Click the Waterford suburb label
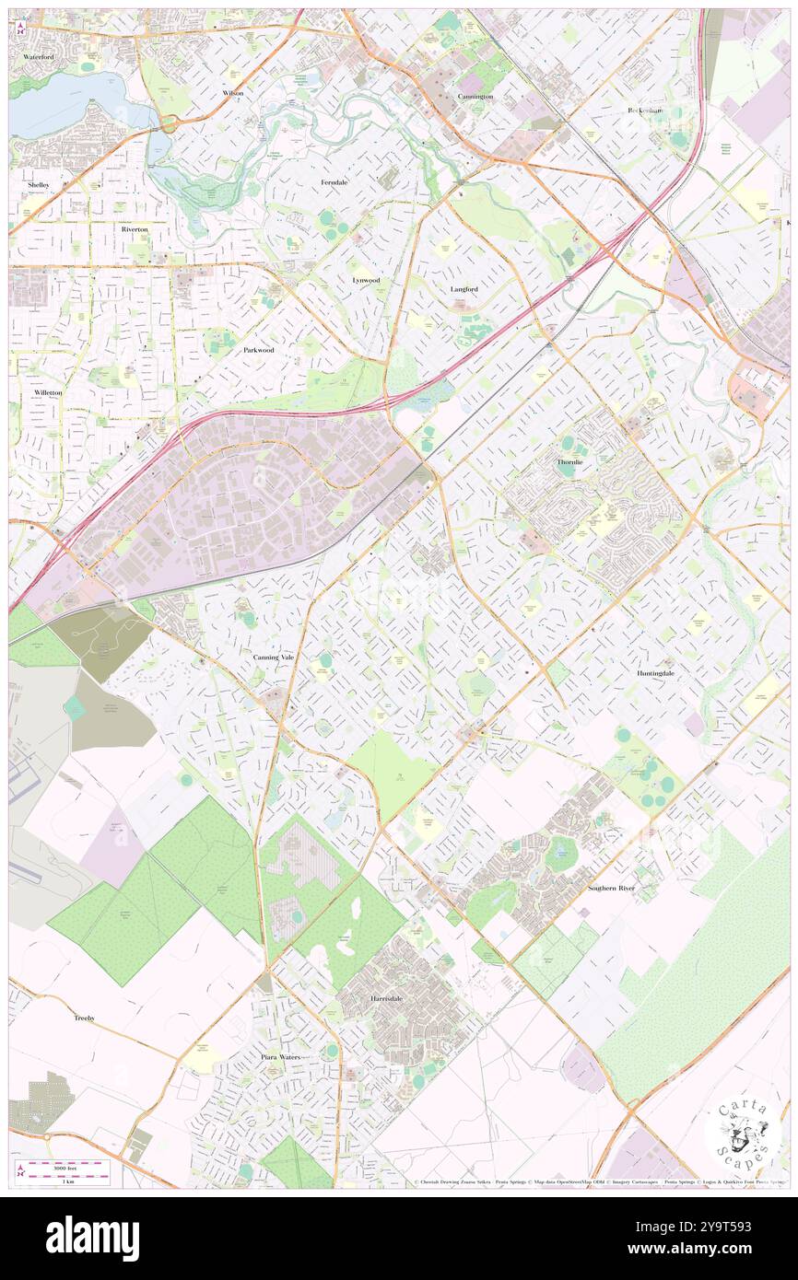(40, 56)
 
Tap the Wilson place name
(233, 94)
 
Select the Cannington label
(475, 96)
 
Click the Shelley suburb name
(39, 184)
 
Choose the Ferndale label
(334, 182)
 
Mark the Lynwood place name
(366, 279)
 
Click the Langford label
(464, 288)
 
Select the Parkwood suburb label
(259, 350)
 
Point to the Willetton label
(48, 392)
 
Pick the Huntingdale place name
(655, 673)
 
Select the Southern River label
(612, 888)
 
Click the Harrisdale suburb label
(380, 999)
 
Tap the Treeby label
(85, 1018)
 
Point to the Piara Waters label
(281, 1056)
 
